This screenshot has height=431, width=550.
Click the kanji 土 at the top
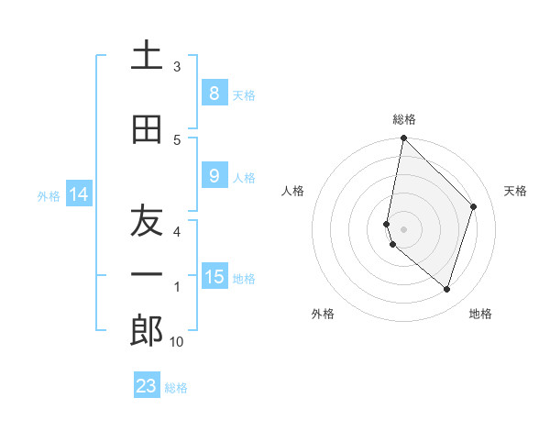[147, 57]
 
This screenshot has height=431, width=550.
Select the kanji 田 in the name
[147, 129]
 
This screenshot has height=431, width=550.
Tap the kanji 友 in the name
[147, 221]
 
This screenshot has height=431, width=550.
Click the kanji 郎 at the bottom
[147, 330]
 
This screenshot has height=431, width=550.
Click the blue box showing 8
[214, 94]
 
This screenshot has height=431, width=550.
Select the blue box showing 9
[214, 176]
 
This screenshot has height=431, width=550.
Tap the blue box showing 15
[214, 277]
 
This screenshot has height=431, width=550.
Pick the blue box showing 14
[78, 194]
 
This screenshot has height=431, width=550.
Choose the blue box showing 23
[147, 386]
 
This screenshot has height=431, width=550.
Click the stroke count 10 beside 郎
[177, 342]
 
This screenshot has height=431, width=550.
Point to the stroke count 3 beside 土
[177, 67]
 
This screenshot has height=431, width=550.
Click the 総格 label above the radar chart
[404, 119]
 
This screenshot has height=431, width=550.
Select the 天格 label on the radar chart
[515, 191]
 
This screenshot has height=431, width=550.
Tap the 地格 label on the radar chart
[480, 314]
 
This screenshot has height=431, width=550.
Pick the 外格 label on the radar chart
[323, 314]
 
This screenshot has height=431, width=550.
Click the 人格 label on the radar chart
[293, 191]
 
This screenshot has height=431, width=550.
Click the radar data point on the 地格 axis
[446, 290]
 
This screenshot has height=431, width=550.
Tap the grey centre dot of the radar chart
[404, 229]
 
